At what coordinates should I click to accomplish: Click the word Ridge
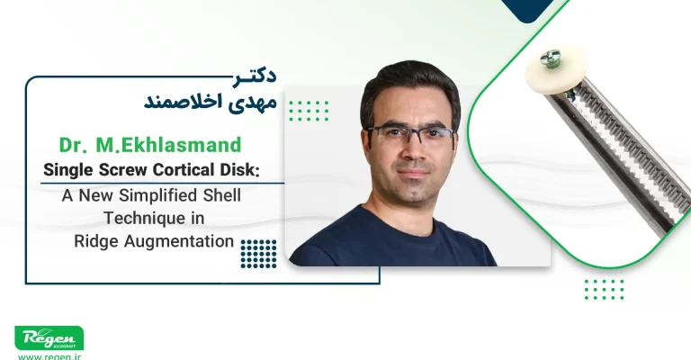click(94, 240)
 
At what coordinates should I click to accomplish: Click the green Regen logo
click(49, 338)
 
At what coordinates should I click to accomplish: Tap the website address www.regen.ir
click(49, 356)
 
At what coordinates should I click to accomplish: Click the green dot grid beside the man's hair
click(309, 111)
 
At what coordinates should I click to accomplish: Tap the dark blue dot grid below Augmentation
click(258, 254)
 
